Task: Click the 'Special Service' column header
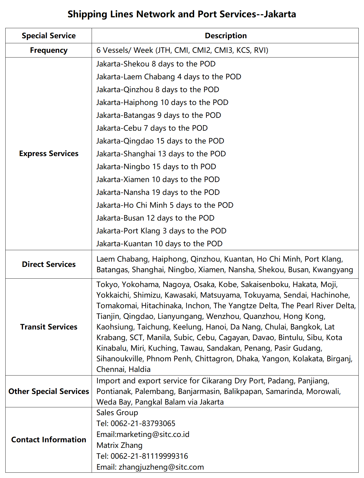[49, 36]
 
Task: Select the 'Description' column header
[226, 36]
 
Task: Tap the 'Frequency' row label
[49, 50]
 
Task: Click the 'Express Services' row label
[49, 154]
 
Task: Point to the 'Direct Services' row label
[49, 264]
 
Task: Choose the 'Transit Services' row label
[49, 327]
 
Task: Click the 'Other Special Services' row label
[49, 391]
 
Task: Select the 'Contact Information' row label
[49, 439]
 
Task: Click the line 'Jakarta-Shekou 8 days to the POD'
[156, 64]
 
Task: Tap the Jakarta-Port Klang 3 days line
[161, 231]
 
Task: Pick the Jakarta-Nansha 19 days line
[158, 192]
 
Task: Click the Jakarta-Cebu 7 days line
[152, 128]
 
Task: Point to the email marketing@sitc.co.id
[153, 434]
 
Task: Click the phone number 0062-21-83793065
[143, 424]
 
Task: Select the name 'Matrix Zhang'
[119, 445]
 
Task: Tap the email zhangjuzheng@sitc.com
[161, 467]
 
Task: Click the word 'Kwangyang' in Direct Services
[333, 270]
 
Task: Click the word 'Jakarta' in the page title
[280, 14]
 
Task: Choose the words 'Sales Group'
[117, 413]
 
